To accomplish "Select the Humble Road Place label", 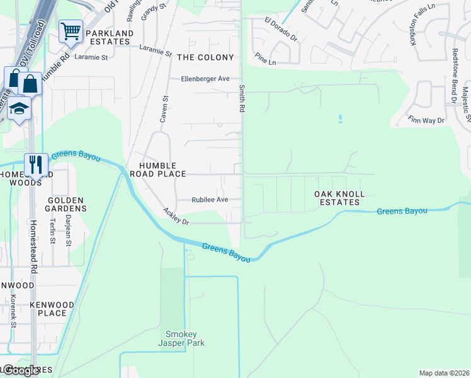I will tap(157, 169).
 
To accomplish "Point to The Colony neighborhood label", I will tap(205, 57).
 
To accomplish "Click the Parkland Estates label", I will tap(110, 38).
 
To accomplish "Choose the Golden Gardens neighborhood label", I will tap(66, 204).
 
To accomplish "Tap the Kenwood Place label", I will tap(52, 309).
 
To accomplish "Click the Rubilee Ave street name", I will tap(210, 200).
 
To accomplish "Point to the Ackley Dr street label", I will tap(176, 216).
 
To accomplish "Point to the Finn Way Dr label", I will tap(426, 120).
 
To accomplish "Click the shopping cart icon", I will tap(71, 31).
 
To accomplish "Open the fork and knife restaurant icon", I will tap(35, 164).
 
